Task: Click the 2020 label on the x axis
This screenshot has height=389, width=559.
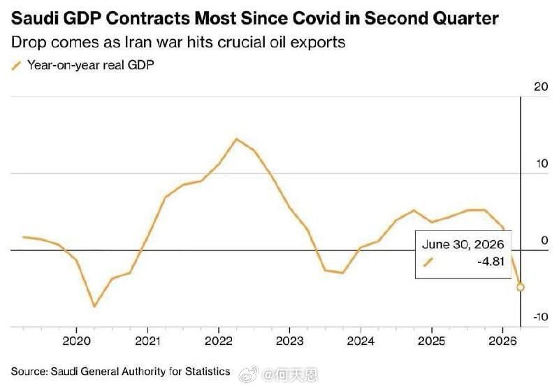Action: click(x=76, y=341)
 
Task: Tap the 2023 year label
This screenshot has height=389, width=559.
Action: click(x=289, y=341)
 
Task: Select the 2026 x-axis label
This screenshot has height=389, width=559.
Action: click(x=502, y=341)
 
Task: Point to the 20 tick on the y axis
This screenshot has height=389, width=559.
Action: click(x=541, y=86)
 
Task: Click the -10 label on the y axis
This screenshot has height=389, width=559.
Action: click(x=540, y=316)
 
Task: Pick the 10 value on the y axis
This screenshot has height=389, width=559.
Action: click(x=542, y=164)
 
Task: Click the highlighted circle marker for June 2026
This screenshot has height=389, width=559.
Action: click(x=520, y=287)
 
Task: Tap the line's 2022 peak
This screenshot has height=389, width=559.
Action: click(x=236, y=139)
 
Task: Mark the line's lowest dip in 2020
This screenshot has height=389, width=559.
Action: click(x=94, y=306)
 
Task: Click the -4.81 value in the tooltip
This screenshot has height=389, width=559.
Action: click(x=491, y=262)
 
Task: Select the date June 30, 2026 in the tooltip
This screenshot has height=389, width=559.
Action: click(x=463, y=244)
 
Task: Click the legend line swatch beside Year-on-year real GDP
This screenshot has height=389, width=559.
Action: click(x=16, y=66)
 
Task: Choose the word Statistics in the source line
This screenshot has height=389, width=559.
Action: click(x=208, y=372)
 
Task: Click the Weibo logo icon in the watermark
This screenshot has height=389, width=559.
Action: click(x=249, y=374)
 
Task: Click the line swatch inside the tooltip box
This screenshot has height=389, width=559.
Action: click(x=428, y=262)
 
